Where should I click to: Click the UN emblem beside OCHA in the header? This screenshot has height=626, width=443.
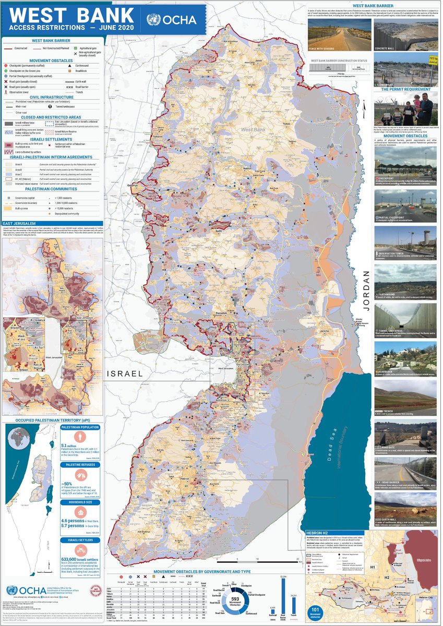[x=154, y=20]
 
